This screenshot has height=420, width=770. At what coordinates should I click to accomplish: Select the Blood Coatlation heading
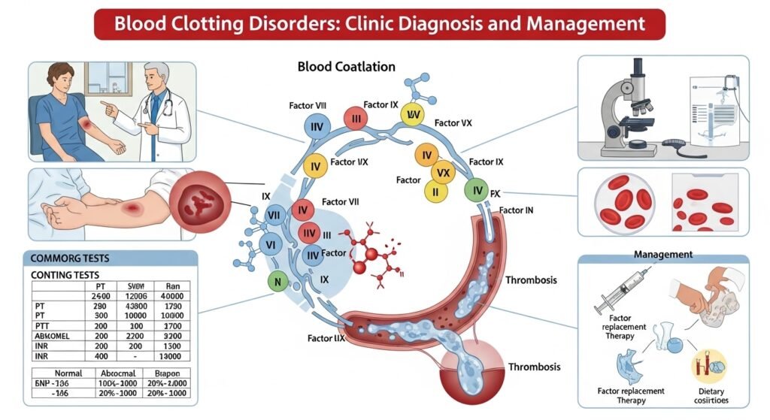[x=346, y=67]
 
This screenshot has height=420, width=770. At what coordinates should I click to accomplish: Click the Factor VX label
[x=456, y=122]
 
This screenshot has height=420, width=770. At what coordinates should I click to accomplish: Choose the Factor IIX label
[x=326, y=339]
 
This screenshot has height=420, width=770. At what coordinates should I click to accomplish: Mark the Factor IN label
[x=517, y=210]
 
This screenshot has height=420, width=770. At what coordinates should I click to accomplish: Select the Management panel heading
[x=662, y=255]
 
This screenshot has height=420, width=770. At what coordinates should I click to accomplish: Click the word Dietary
[x=709, y=390]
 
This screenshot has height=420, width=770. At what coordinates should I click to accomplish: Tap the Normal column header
[x=53, y=373]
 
